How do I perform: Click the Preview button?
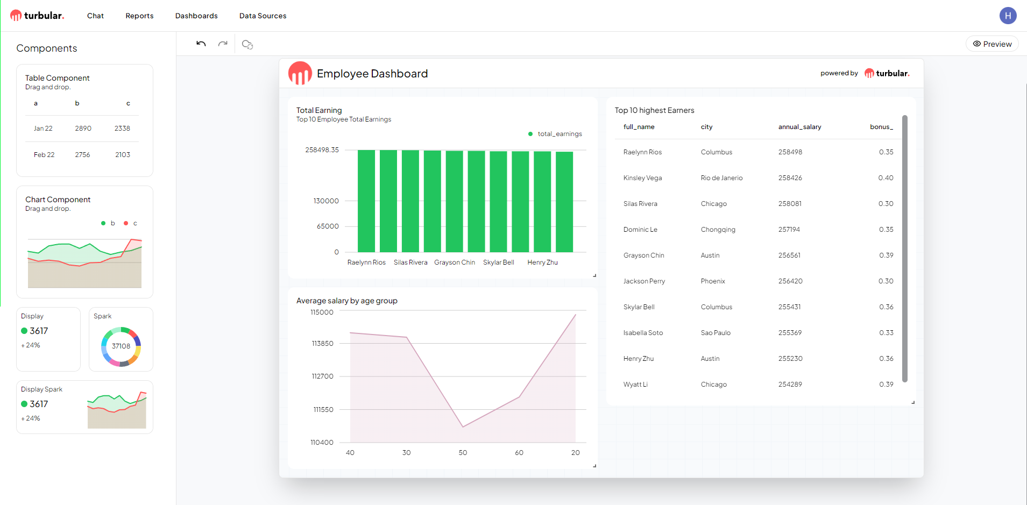tap(992, 44)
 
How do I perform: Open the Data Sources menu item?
tap(263, 16)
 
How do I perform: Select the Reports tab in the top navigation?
tap(139, 16)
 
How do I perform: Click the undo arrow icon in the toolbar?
tap(201, 44)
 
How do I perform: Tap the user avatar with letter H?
tap(1008, 16)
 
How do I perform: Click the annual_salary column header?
tap(799, 127)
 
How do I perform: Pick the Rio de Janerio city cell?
tap(721, 178)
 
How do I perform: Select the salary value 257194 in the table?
tap(789, 230)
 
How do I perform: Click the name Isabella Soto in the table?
tap(643, 333)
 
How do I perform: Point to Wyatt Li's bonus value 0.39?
tap(886, 385)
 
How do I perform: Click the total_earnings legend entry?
tap(559, 134)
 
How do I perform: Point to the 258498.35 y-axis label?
tap(322, 150)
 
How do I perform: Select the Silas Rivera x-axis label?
tap(410, 262)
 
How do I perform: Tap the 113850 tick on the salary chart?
tap(322, 344)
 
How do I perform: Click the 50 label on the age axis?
tap(463, 453)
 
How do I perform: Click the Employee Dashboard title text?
tap(372, 74)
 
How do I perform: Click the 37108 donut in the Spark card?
tap(121, 346)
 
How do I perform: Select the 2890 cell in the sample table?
tap(83, 129)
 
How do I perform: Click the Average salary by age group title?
tap(346, 301)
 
